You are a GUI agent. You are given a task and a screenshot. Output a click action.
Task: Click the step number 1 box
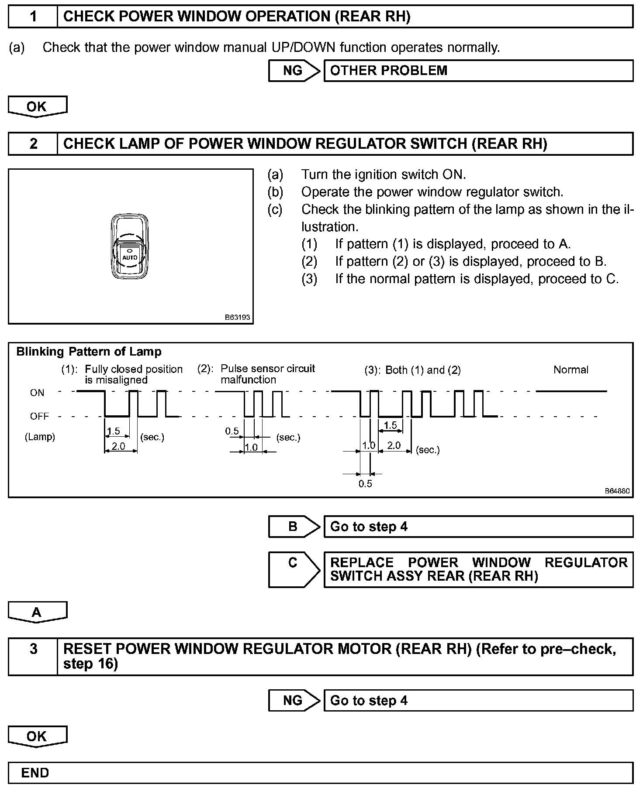33,17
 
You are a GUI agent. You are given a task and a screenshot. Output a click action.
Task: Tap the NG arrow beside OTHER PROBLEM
294,71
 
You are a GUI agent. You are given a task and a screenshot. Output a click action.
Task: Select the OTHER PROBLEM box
478,71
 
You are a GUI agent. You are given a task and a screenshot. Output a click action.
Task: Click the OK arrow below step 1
37,107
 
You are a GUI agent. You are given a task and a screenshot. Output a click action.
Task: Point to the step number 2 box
33,144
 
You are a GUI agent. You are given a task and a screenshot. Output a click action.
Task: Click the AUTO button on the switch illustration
130,257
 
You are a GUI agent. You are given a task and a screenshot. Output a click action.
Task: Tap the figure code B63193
237,317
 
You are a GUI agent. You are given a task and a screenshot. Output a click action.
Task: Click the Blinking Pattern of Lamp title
89,352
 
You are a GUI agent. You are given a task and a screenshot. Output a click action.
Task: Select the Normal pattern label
570,370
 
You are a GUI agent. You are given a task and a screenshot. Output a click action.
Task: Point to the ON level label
37,393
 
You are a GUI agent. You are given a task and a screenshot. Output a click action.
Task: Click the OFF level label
39,416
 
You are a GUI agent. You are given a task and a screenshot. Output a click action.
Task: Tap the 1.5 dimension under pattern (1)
113,431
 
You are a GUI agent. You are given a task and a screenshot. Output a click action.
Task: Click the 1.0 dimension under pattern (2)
251,447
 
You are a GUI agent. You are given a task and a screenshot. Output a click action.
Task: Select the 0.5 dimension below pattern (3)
365,483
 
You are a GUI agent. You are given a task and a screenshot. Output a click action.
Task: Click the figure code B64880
617,491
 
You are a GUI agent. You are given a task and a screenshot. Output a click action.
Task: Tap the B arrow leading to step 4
294,527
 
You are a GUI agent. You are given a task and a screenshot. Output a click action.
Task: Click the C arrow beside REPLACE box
294,569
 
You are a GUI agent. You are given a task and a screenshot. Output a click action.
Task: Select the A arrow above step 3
37,612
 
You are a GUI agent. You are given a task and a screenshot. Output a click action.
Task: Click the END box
321,773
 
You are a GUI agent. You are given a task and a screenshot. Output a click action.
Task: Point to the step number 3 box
33,656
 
